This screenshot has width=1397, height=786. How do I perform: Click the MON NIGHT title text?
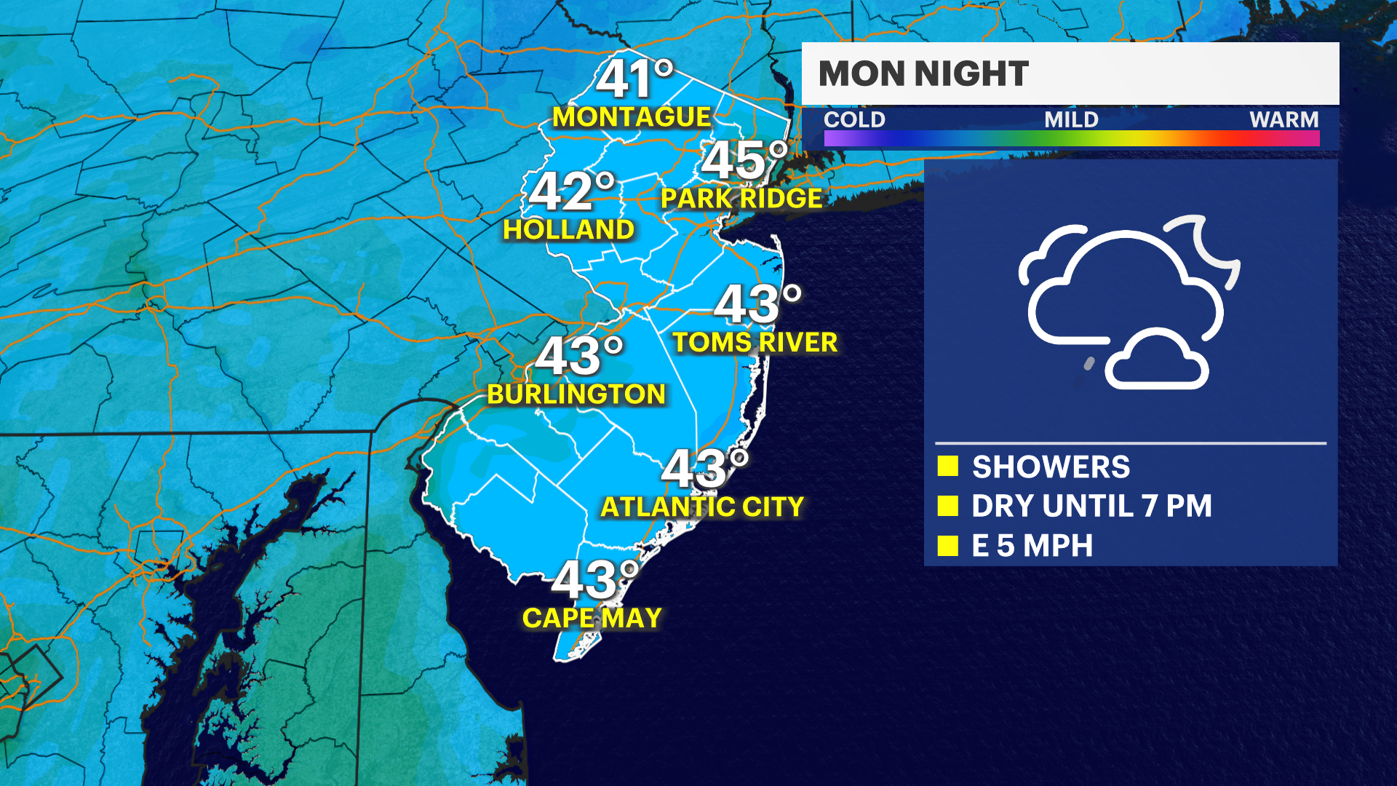[x=923, y=74]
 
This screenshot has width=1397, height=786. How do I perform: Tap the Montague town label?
[x=631, y=117]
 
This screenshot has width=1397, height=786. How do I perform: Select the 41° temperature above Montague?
[x=633, y=79]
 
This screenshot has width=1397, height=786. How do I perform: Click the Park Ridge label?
[x=741, y=198]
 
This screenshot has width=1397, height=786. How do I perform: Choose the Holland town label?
[x=568, y=230]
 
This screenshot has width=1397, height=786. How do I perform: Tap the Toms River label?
[x=755, y=342]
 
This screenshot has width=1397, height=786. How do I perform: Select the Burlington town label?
[x=576, y=394]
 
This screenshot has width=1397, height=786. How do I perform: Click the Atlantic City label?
[x=702, y=507]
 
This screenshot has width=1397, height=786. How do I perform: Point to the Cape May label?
[x=592, y=619]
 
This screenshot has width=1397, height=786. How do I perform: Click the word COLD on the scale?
[x=854, y=119]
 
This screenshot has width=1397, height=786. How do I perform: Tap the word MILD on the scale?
[x=1071, y=119]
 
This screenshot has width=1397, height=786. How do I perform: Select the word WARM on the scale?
[x=1283, y=119]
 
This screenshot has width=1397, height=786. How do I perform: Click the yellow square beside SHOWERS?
[x=947, y=467]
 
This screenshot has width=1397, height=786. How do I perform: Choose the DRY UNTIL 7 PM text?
[x=1091, y=507]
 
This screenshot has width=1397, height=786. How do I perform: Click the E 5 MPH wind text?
[x=1032, y=546]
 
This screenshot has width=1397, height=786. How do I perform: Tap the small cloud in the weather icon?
[x=1156, y=362]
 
